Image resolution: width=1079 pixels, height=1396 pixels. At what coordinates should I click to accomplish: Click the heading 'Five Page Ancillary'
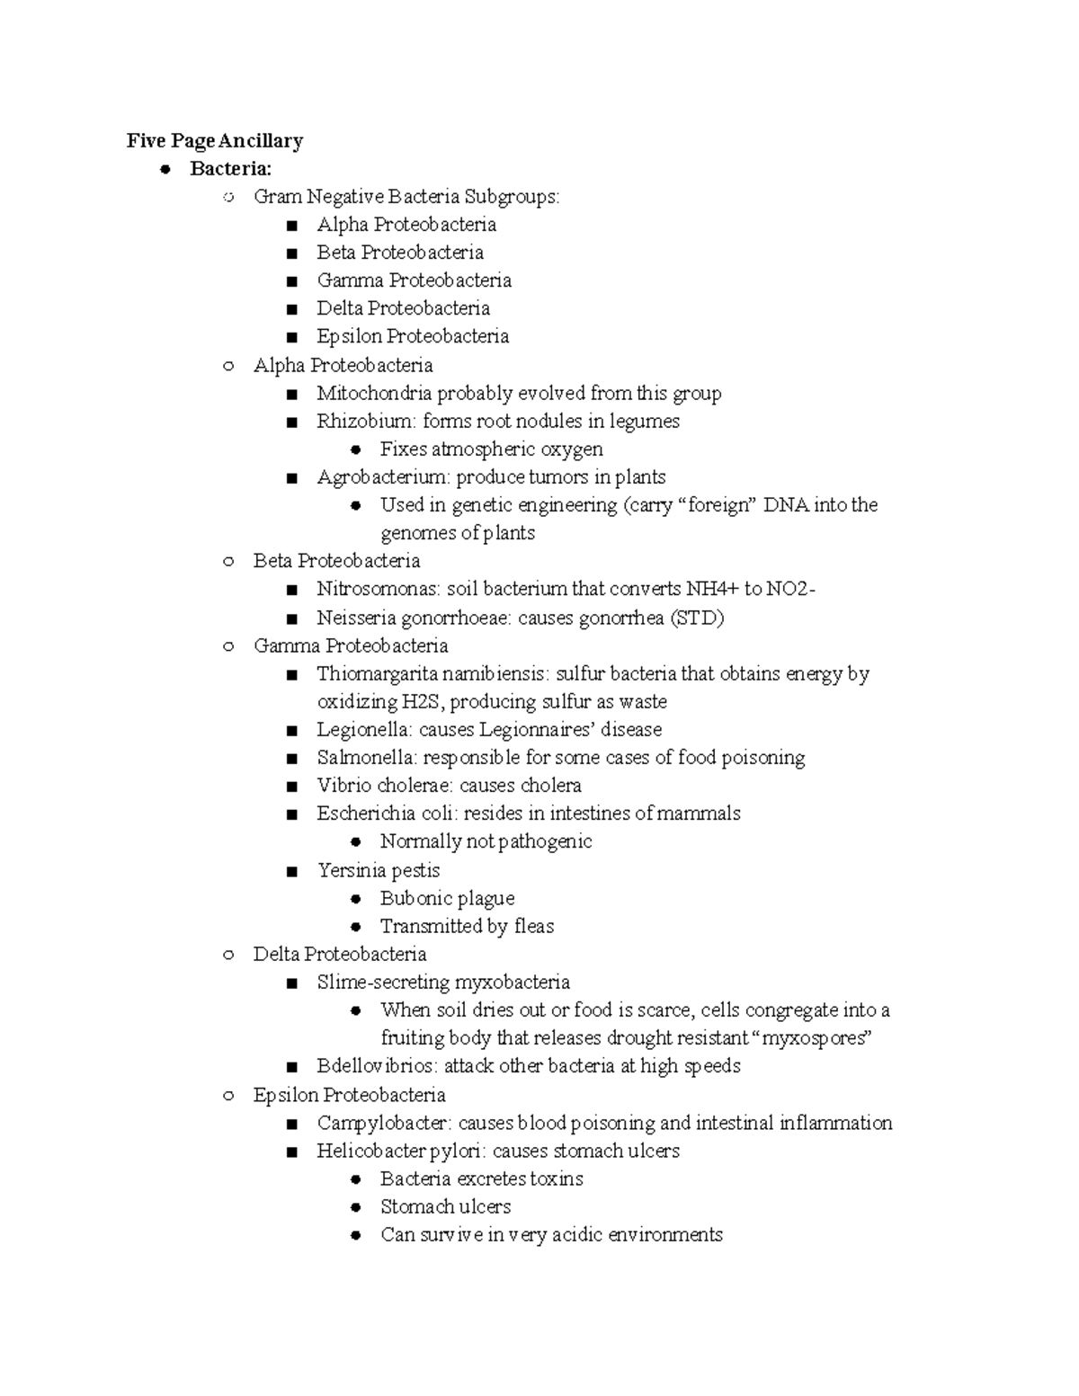(x=214, y=140)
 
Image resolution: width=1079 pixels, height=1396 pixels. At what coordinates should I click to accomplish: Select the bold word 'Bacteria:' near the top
(x=230, y=168)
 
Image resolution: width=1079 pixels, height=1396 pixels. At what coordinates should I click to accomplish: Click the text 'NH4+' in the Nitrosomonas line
(x=712, y=589)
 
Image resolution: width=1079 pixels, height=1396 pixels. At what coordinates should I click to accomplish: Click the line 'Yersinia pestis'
(x=379, y=870)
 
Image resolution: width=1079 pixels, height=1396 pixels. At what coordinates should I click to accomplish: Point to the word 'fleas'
(x=533, y=926)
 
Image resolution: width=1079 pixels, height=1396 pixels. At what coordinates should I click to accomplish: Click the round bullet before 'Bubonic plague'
(x=356, y=899)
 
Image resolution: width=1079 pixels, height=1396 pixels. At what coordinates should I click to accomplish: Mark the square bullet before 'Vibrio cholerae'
(x=291, y=787)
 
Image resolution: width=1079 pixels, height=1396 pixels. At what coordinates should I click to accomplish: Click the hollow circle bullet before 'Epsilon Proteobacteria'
(x=228, y=1095)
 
